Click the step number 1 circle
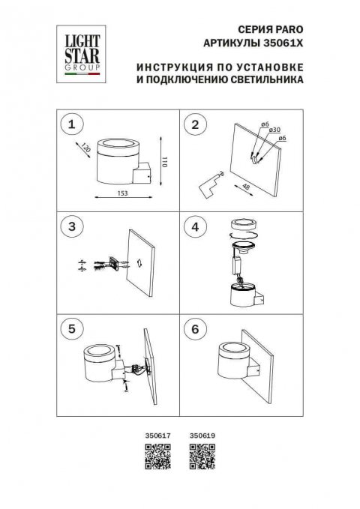(x=72, y=124)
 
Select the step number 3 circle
(x=72, y=226)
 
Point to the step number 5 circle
(x=72, y=328)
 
